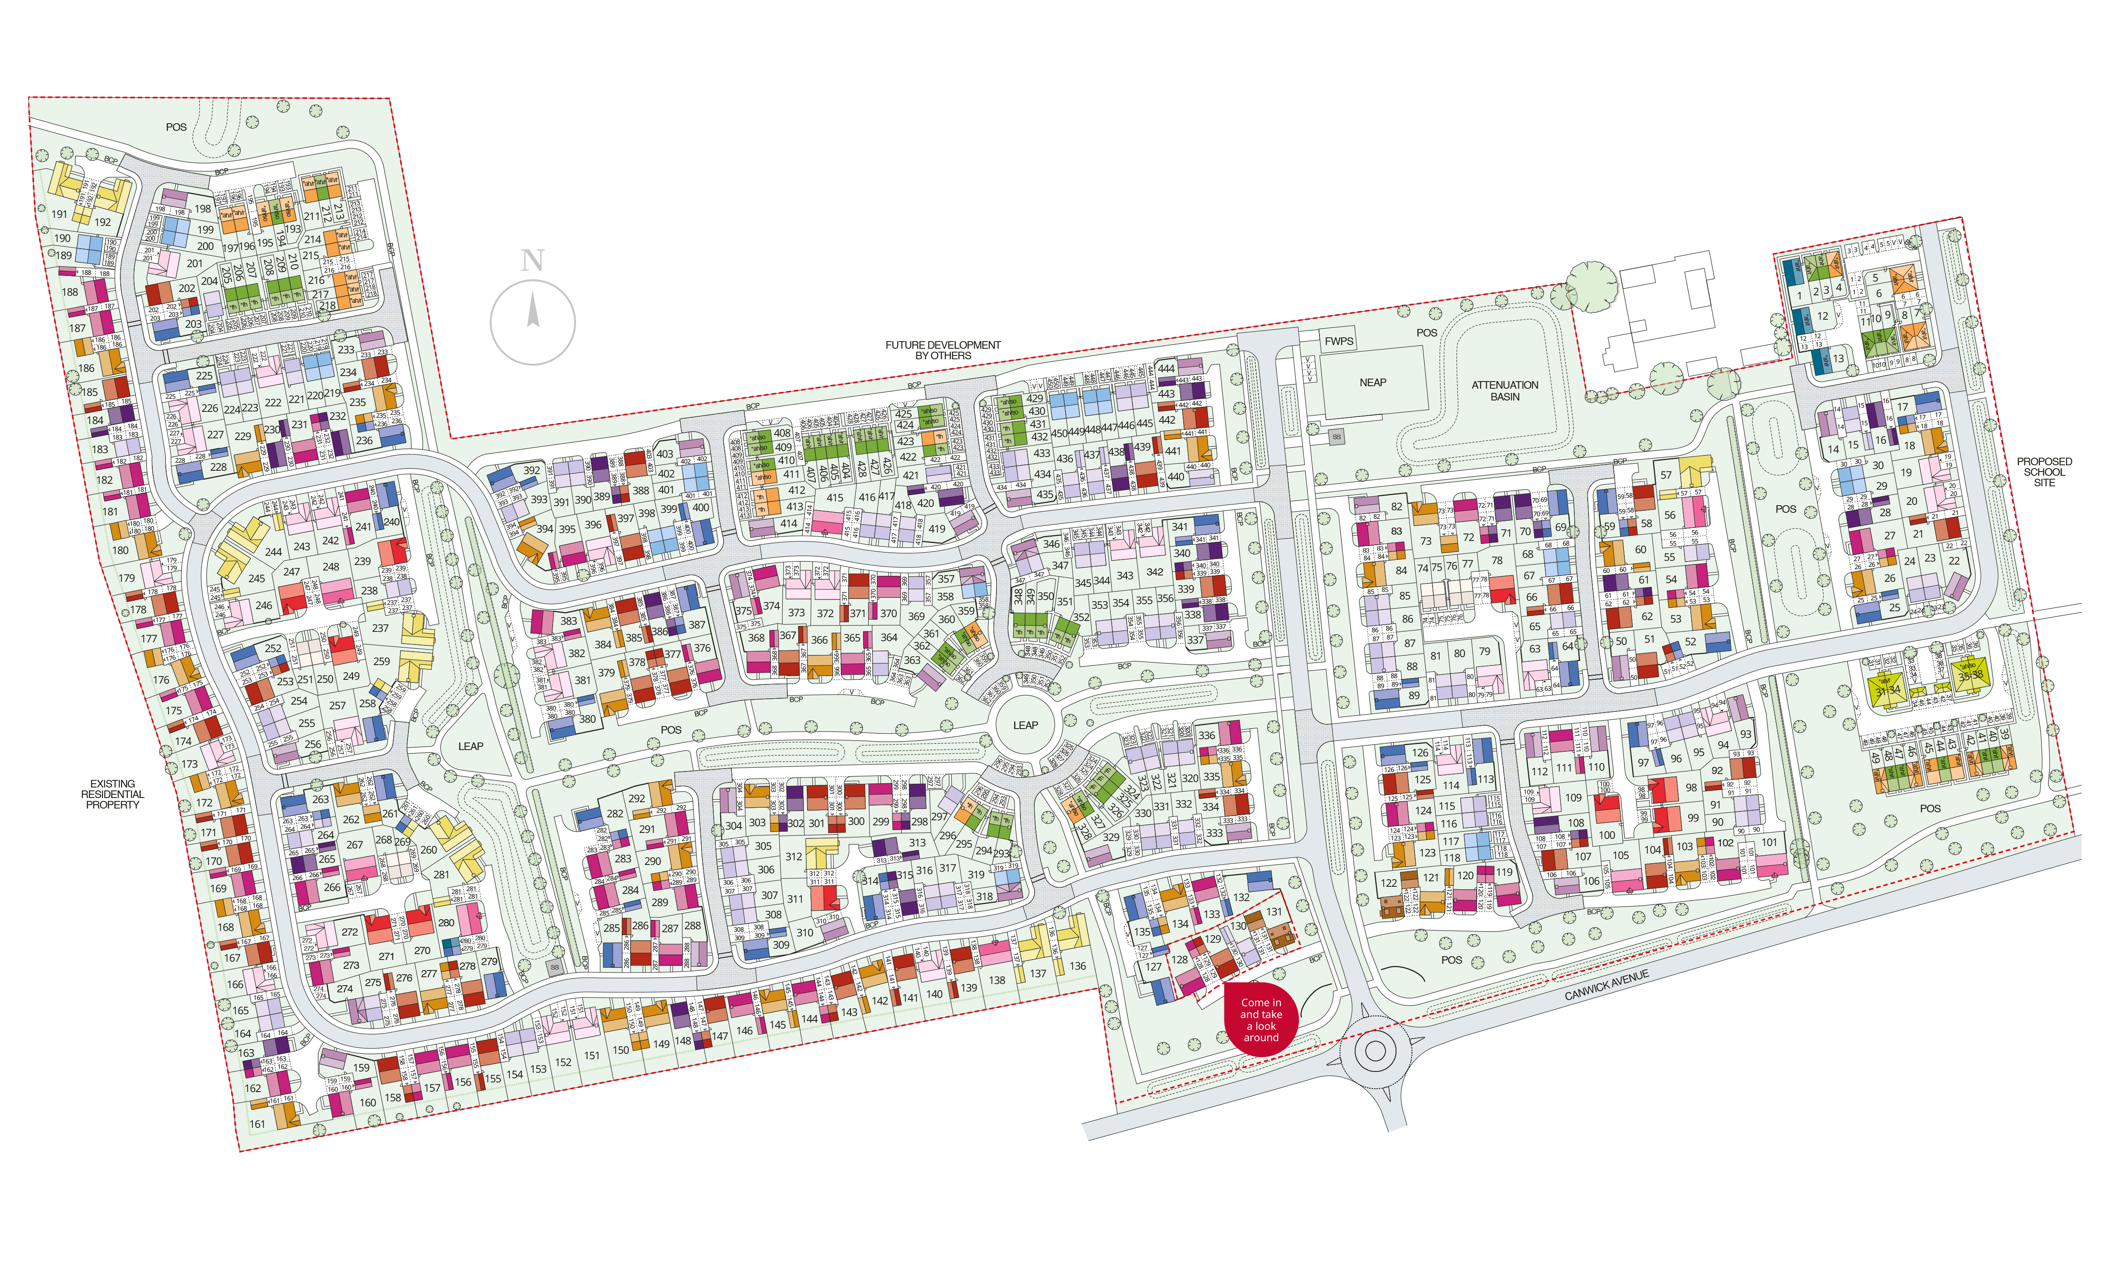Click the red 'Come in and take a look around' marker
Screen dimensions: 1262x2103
[1261, 1020]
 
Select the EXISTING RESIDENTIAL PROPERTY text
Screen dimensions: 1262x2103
[112, 794]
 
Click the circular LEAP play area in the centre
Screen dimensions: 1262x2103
[1025, 725]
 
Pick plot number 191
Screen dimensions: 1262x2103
[59, 214]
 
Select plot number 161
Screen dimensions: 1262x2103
[257, 1123]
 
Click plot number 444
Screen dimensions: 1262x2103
[1166, 369]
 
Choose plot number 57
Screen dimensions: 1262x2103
[1666, 475]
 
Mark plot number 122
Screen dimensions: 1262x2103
[1389, 883]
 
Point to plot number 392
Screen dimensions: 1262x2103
[532, 470]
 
